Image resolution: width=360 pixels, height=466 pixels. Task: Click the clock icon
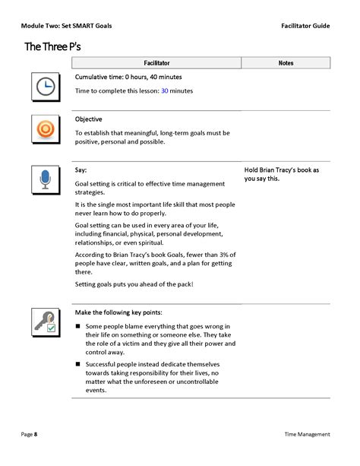click(x=45, y=87)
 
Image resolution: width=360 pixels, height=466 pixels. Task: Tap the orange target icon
click(x=45, y=129)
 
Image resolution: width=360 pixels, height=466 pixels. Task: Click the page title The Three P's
click(x=52, y=46)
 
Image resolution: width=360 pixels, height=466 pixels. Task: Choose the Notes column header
click(x=286, y=62)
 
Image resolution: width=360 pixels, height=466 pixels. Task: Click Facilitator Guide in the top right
click(x=305, y=25)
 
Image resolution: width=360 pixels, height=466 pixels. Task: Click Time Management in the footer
click(x=307, y=434)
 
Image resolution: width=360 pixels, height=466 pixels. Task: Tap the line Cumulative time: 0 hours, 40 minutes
click(x=128, y=77)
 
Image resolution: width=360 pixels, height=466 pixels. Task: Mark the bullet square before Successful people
click(x=78, y=364)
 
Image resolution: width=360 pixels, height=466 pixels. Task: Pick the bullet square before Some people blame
click(x=78, y=326)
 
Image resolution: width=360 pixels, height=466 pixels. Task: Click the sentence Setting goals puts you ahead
click(x=134, y=284)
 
